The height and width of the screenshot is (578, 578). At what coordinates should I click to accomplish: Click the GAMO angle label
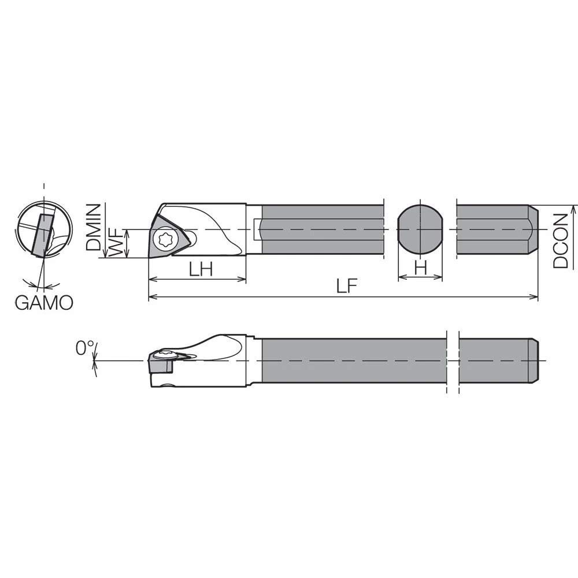tap(45, 303)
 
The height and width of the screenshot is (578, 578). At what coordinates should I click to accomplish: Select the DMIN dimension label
tap(93, 227)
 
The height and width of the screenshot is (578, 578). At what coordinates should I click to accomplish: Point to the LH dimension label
tap(201, 269)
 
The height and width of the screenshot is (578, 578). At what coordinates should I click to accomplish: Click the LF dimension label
tap(346, 286)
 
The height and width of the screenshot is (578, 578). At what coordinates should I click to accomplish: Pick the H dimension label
tap(421, 267)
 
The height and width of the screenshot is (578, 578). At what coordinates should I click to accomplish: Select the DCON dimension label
tap(561, 240)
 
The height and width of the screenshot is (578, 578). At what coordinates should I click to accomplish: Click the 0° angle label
tap(84, 348)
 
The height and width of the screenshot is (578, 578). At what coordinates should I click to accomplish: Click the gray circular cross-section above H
tap(420, 229)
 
